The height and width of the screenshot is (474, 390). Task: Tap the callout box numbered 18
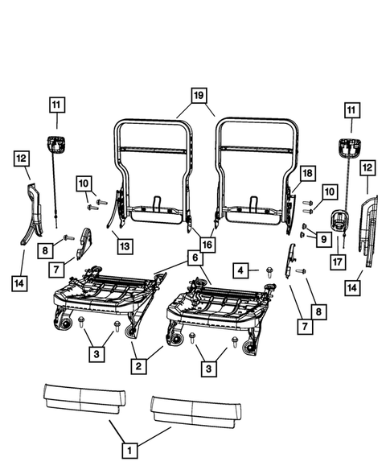[x=306, y=174]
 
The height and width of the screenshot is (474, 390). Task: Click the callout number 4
[x=241, y=270]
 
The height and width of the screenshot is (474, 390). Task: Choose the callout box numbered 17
[x=337, y=261]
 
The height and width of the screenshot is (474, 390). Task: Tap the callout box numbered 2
[x=139, y=367]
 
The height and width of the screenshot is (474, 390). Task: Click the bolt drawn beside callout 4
[x=268, y=273]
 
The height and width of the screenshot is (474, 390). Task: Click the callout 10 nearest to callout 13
[x=84, y=183]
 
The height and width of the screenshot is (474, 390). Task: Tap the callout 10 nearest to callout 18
[x=329, y=191]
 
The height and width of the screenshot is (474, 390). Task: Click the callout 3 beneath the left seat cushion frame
[x=96, y=354]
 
